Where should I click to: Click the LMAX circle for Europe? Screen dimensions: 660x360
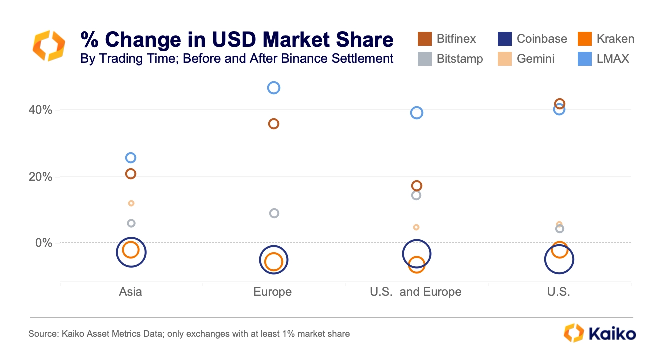[x=274, y=82]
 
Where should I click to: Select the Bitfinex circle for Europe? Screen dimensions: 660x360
[x=274, y=119]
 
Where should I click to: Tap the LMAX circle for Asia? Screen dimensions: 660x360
[x=131, y=153]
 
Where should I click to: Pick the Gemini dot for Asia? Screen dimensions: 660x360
[x=131, y=201]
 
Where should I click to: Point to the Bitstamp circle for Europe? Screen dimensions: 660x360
[x=274, y=208]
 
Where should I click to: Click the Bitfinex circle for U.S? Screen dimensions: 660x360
[x=559, y=99]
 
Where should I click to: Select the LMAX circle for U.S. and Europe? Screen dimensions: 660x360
[x=417, y=107]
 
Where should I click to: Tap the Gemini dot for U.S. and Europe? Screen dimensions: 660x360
[x=416, y=225]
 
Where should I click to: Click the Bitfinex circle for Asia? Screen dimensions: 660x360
[x=131, y=169]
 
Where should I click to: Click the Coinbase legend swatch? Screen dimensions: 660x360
[x=504, y=39]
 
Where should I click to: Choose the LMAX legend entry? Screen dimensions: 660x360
[x=603, y=59]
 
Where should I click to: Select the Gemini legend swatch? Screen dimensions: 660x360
[x=504, y=59]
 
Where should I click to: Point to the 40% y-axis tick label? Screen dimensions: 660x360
[x=40, y=110]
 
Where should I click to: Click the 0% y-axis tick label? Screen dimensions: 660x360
[x=44, y=243]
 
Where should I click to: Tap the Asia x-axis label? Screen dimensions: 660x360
[x=130, y=292]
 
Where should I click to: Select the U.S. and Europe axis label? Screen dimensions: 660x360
[x=415, y=292]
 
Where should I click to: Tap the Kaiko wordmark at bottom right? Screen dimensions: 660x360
[x=612, y=334]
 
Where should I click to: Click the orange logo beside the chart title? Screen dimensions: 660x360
[x=49, y=45]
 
